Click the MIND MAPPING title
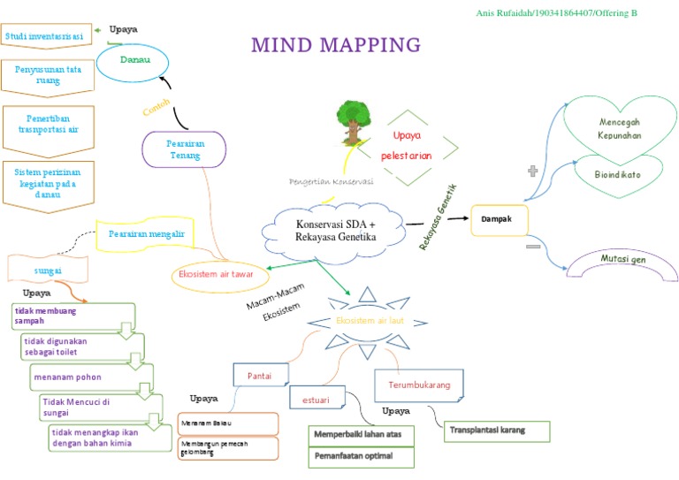point(336,45)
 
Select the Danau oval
point(134,60)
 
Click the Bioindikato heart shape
point(619,174)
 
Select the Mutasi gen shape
point(623,262)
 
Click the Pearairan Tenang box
point(186,149)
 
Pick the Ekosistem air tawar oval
point(217,275)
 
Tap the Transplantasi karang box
point(496,430)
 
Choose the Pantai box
point(259,376)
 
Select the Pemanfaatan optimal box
point(362,456)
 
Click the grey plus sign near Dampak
point(532,171)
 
